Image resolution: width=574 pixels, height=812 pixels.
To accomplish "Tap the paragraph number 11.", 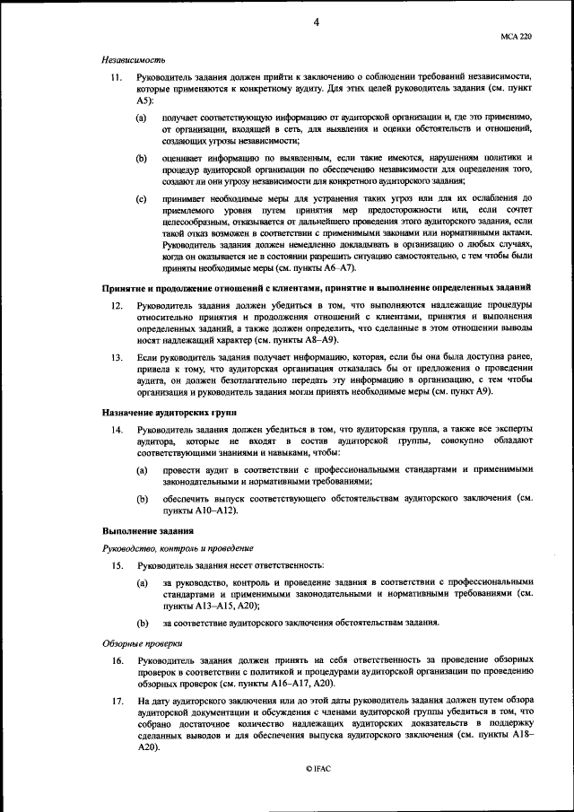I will click(x=116, y=80).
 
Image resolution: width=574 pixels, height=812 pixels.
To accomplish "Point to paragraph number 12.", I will click(x=116, y=306).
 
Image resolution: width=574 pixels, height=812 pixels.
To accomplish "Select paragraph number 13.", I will click(x=116, y=357).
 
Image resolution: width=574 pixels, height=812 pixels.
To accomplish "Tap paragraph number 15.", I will click(x=116, y=565).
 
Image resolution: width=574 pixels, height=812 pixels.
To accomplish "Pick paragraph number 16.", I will click(x=116, y=660).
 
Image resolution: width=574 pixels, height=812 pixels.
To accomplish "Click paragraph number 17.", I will click(x=116, y=699).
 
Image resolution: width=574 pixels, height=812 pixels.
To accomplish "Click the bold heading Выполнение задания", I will click(x=142, y=531).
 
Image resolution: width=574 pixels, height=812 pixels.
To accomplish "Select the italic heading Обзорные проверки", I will click(x=141, y=642).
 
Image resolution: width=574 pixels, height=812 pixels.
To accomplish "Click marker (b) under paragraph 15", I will click(x=142, y=623).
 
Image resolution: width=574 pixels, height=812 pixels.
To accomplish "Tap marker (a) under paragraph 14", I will click(x=142, y=470).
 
